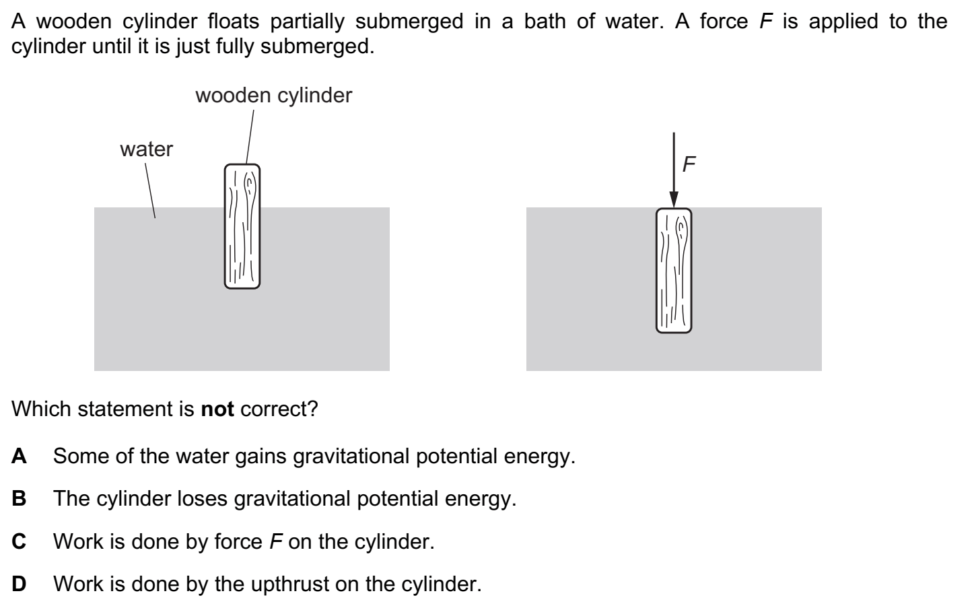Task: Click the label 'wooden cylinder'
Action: click(273, 96)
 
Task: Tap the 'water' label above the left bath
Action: click(146, 149)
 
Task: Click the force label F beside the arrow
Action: click(689, 164)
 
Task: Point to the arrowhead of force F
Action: click(674, 200)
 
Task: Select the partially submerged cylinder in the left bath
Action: click(242, 227)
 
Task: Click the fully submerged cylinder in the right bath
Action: click(674, 271)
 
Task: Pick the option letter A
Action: click(20, 457)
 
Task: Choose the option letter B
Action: click(20, 499)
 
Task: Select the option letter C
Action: click(20, 541)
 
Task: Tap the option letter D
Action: click(20, 584)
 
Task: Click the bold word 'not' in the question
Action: click(217, 409)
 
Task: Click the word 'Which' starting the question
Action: click(40, 409)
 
